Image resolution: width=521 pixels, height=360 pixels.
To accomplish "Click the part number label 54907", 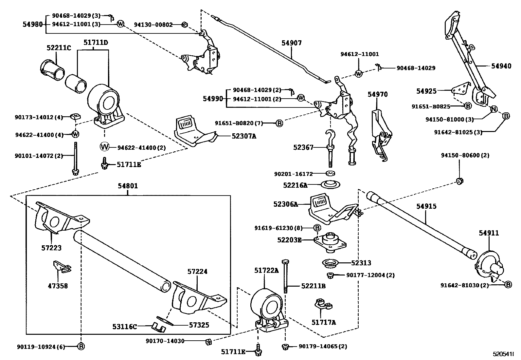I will point(292,43).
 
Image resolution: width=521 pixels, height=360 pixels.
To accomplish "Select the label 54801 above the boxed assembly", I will point(128,186).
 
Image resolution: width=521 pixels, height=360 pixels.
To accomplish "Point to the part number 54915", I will point(426,206).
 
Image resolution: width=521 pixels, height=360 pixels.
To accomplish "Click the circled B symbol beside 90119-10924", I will point(81,346).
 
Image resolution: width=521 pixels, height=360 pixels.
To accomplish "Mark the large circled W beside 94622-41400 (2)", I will point(105,147).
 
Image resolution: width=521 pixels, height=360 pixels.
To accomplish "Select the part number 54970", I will point(377,94).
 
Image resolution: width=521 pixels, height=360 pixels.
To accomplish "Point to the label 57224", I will point(197,272).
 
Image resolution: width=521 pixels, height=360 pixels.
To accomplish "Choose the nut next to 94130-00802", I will point(184,25).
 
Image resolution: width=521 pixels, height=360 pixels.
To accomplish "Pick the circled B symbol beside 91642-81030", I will point(508,285).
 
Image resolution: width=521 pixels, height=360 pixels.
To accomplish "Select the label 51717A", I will point(324,322).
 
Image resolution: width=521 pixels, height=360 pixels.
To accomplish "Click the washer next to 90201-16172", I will point(331,173).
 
